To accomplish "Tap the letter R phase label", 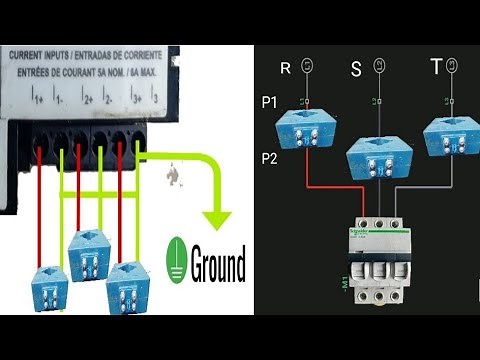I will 286,68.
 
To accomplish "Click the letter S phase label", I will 356,70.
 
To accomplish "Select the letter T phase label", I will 435,68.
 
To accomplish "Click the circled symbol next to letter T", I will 453,65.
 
